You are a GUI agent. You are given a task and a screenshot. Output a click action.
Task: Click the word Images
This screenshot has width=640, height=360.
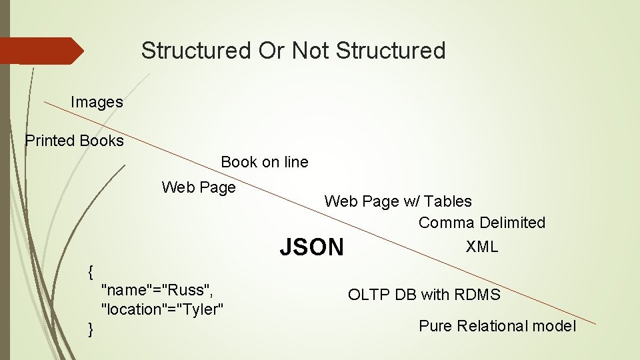click(97, 102)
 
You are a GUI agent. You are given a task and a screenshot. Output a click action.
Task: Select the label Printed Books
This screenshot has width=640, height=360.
click(74, 141)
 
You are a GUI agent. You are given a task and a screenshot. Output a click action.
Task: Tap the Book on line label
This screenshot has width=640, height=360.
click(264, 162)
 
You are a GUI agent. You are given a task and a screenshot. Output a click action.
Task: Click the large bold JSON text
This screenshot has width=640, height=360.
click(311, 247)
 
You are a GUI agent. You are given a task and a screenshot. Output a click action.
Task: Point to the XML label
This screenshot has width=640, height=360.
click(481, 247)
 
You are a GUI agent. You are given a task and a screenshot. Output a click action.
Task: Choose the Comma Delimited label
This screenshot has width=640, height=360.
click(481, 223)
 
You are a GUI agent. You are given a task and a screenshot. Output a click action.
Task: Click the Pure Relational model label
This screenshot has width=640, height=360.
click(497, 326)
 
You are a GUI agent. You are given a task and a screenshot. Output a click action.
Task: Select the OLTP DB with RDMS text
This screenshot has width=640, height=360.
click(423, 294)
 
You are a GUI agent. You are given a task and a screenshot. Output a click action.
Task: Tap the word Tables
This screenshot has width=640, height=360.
click(447, 201)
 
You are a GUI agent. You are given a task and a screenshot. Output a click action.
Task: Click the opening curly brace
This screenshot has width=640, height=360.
click(91, 271)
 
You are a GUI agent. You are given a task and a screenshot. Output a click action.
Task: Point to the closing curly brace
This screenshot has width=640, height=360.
click(91, 329)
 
